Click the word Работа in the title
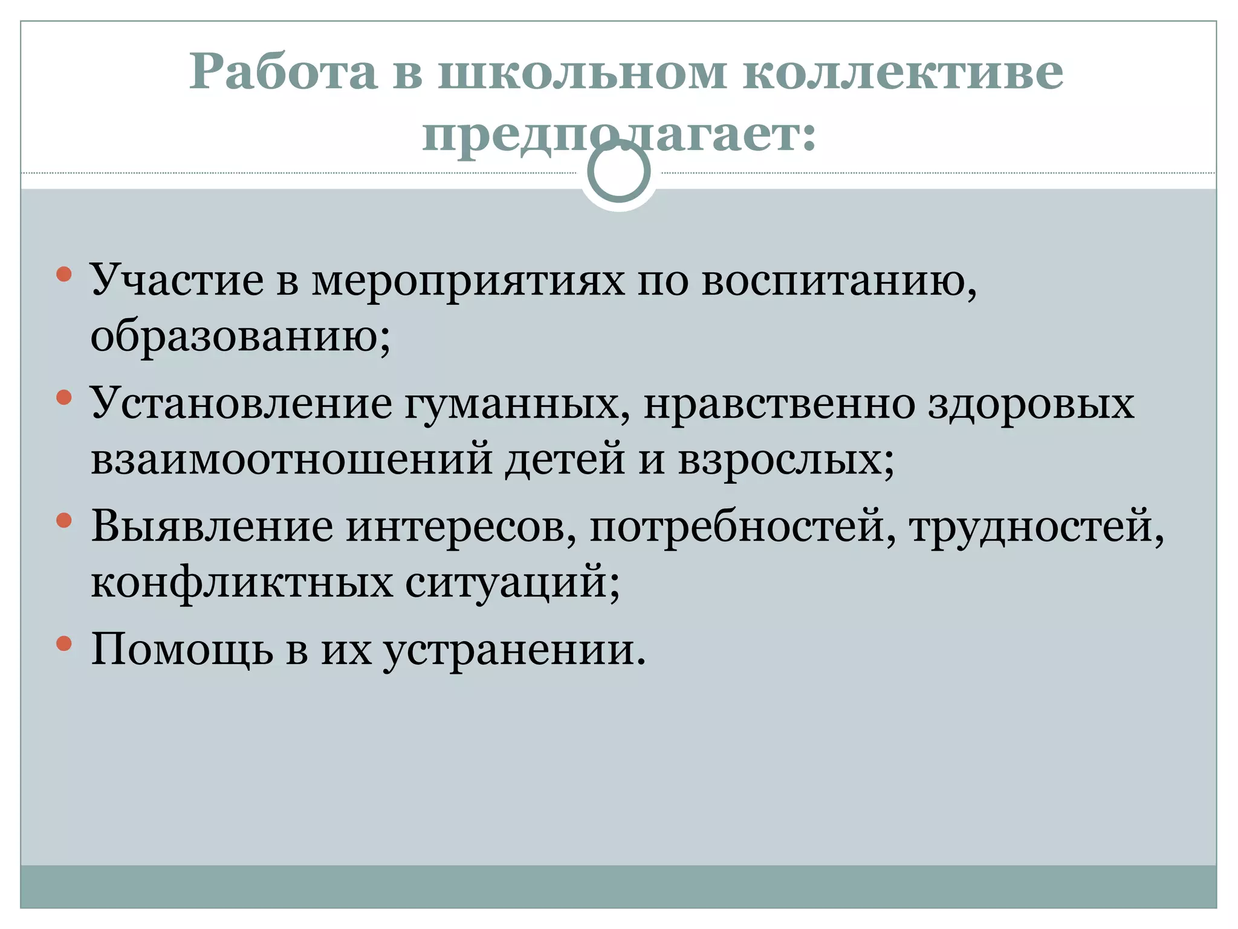(x=284, y=73)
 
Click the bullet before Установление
(x=64, y=397)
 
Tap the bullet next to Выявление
(x=64, y=520)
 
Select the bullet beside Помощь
(x=64, y=643)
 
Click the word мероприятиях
(x=468, y=282)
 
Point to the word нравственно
(x=779, y=404)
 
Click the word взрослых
(x=786, y=460)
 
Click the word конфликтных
(x=242, y=582)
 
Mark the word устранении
(x=514, y=651)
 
